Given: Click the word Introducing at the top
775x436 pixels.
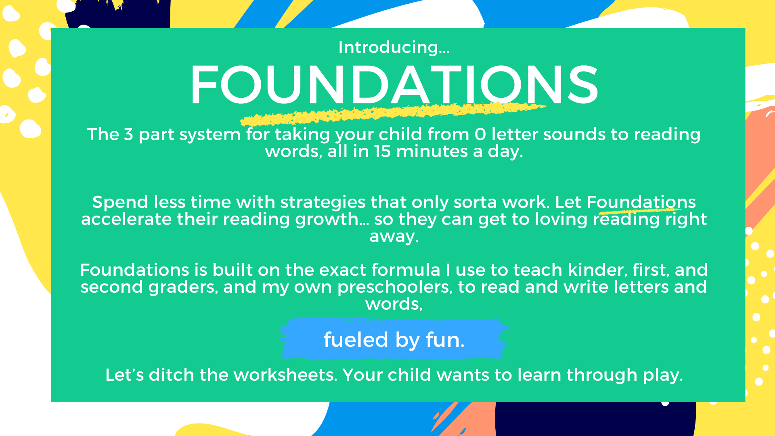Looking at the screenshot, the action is [x=388, y=47].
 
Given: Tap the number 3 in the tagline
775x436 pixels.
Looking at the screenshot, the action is [x=128, y=134].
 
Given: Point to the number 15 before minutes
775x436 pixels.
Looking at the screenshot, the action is [x=382, y=151].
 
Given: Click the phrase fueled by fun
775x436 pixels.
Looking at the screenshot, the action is [x=394, y=340].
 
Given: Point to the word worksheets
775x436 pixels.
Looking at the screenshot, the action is [x=284, y=375].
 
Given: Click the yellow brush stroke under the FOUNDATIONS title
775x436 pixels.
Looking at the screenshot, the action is [x=393, y=113].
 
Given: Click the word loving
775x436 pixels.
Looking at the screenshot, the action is [x=561, y=220].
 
